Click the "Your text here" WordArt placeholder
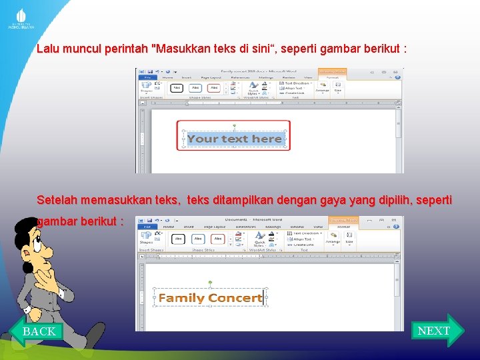(x=234, y=139)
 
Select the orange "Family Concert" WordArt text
(x=210, y=298)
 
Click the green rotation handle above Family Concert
(x=210, y=283)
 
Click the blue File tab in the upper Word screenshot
(x=145, y=77)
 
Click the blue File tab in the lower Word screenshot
(x=145, y=227)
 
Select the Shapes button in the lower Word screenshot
(x=147, y=239)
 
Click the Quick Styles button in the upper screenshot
(x=253, y=89)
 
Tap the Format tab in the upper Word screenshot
(x=333, y=77)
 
